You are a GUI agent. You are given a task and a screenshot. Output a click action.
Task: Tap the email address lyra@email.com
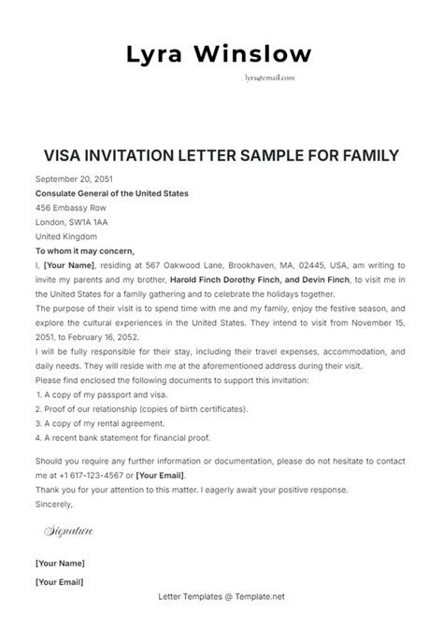268,79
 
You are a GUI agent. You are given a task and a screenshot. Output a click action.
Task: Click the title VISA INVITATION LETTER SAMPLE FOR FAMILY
221,154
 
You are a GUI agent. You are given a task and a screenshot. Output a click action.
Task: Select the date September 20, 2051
72,179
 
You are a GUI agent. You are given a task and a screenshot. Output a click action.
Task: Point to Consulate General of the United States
111,193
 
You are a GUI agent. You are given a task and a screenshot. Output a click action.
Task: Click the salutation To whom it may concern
85,250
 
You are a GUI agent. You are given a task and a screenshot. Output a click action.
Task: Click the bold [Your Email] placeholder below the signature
60,583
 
